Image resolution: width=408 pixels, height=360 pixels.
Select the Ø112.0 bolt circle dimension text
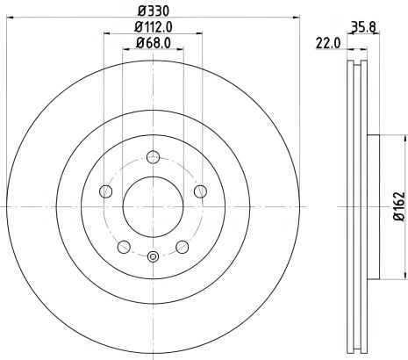pyautogui.click(x=153, y=29)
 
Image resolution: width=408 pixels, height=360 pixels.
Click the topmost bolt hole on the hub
pyautogui.click(x=153, y=157)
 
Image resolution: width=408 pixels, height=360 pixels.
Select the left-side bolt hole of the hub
pyautogui.click(x=106, y=191)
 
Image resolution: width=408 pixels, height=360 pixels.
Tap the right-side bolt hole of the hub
pyautogui.click(x=199, y=191)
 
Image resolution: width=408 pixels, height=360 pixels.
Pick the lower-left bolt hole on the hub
pyautogui.click(x=124, y=245)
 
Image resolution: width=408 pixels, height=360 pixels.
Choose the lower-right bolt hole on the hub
pyautogui.click(x=182, y=245)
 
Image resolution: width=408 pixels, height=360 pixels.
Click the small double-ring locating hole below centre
pyautogui.click(x=153, y=256)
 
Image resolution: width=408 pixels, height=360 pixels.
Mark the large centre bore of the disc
pyautogui.click(x=153, y=206)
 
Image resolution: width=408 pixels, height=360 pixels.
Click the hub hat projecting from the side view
pyautogui.click(x=372, y=206)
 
